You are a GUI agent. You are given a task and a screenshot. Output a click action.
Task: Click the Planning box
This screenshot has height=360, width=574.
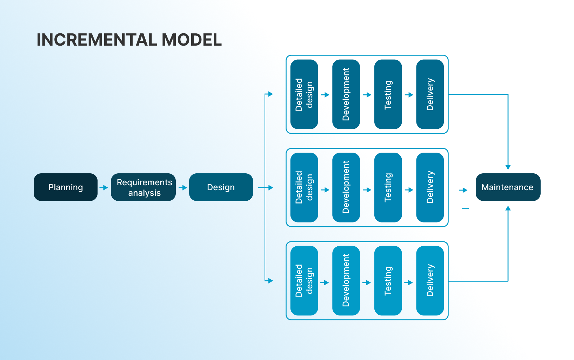[x=66, y=187]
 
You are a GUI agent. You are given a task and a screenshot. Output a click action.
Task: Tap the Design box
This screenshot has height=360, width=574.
[x=221, y=187]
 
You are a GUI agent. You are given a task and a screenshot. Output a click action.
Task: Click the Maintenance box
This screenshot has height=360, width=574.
[x=508, y=187]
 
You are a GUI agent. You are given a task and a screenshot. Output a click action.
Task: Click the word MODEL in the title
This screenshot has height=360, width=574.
[x=192, y=40]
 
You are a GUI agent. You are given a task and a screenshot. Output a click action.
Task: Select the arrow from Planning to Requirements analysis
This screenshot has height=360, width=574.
[x=104, y=188]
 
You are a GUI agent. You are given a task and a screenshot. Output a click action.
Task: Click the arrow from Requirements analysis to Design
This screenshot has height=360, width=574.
[x=183, y=188]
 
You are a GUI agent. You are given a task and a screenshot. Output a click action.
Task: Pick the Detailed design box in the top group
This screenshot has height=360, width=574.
[x=304, y=94]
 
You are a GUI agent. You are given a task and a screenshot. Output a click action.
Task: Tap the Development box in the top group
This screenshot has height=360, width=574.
[x=346, y=94]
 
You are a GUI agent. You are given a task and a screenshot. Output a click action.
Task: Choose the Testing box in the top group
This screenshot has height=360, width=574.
[x=388, y=94]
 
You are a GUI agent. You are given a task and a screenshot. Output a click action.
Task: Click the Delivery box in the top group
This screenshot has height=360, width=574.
[x=430, y=94]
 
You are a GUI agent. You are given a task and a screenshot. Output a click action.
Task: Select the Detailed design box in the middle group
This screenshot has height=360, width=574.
[x=304, y=187]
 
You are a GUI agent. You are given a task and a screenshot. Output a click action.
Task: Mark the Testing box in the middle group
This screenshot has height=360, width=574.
[x=388, y=187]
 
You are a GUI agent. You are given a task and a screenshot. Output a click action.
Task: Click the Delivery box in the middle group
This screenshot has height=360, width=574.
[x=430, y=187]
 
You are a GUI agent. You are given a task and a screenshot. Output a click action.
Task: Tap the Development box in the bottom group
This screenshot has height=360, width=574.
[x=346, y=281]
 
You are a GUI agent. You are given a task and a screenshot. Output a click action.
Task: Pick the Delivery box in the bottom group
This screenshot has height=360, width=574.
[x=430, y=281]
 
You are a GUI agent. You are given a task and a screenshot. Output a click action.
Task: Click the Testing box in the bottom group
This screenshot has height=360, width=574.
[x=388, y=281]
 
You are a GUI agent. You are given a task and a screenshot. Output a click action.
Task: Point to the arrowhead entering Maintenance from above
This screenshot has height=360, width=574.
[x=508, y=167]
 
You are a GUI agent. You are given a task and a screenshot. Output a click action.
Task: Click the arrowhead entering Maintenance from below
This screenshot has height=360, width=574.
[x=508, y=208]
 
